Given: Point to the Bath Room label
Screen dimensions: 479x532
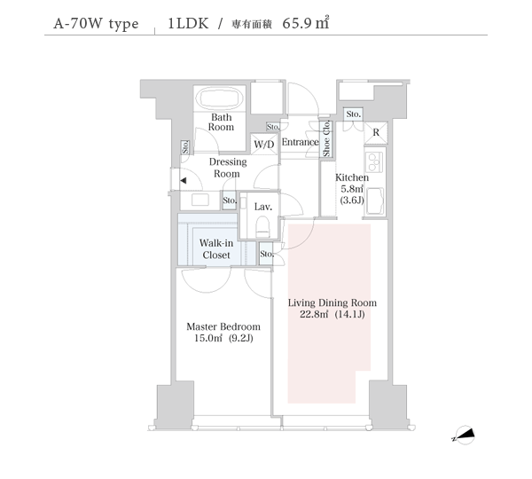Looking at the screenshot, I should pyautogui.click(x=222, y=122).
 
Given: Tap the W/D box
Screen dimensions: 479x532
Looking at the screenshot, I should pyautogui.click(x=263, y=144).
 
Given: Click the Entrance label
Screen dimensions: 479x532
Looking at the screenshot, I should pyautogui.click(x=300, y=142).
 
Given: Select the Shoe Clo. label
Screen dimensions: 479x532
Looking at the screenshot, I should pyautogui.click(x=326, y=140).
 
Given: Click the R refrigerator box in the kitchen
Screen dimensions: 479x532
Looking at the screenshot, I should pyautogui.click(x=376, y=133).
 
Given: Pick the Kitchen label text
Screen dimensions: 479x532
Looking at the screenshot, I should pyautogui.click(x=352, y=177).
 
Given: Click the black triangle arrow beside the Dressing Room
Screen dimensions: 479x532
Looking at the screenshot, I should pyautogui.click(x=182, y=182).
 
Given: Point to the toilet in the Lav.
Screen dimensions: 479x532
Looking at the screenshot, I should pyautogui.click(x=262, y=226).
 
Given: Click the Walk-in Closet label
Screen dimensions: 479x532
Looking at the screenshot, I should pyautogui.click(x=215, y=248).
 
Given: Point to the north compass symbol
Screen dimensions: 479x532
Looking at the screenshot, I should pyautogui.click(x=465, y=436).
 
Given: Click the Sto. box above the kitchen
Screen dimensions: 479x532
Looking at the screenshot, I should pyautogui.click(x=353, y=114).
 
